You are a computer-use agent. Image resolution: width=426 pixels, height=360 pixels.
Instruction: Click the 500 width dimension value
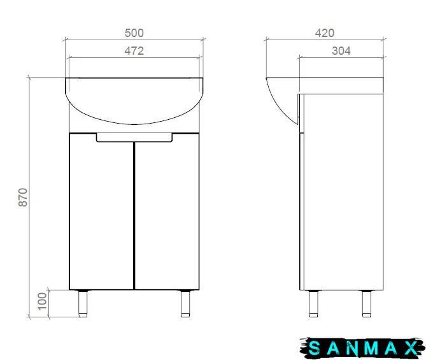point(134,33)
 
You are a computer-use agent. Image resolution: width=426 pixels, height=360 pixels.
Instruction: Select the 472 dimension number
point(134,51)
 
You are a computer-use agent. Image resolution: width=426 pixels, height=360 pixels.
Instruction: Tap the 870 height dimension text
point(23,198)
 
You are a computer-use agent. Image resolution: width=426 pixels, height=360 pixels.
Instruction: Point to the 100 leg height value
point(43,301)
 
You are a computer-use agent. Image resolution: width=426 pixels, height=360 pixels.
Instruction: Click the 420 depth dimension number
point(325,33)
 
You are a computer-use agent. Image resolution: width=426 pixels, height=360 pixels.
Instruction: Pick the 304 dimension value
point(341,51)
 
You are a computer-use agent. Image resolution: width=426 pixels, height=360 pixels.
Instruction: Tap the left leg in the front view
point(83,303)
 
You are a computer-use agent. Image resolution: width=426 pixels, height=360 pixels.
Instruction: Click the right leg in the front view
point(186,303)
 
